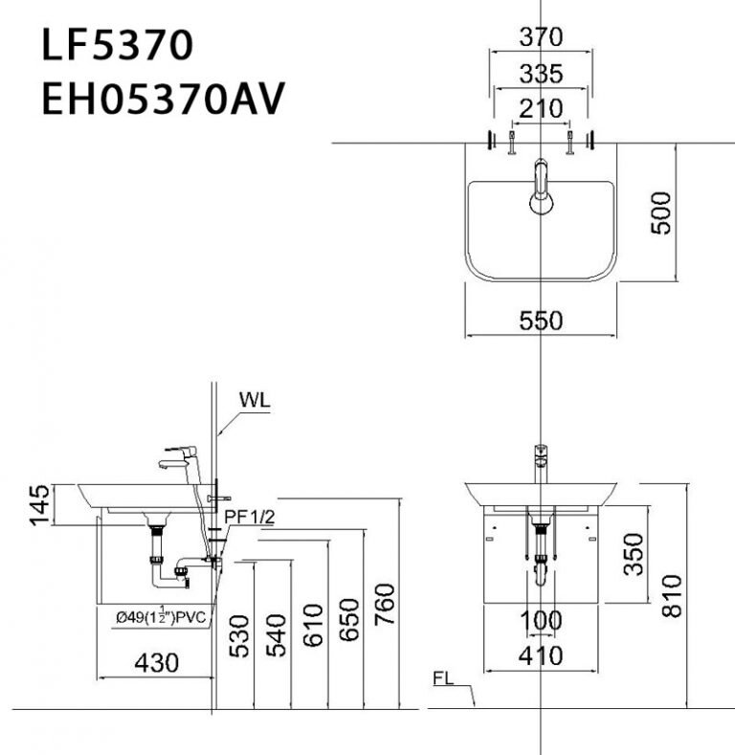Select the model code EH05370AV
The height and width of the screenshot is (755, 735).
point(163,100)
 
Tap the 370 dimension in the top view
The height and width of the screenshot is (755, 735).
point(541,38)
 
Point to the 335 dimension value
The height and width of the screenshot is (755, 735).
point(541,74)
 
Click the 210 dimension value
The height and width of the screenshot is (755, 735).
point(541,109)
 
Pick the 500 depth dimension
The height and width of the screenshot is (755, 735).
point(660,212)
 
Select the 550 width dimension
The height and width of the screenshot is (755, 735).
point(542,321)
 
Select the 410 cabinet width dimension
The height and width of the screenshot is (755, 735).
point(541,656)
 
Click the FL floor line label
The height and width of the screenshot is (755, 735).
point(443,681)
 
